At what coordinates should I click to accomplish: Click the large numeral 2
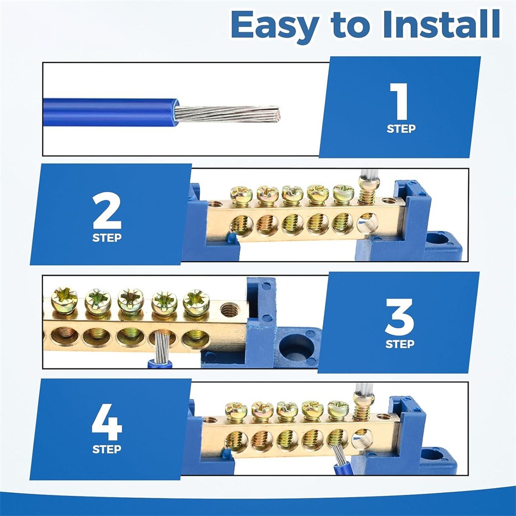coord(107,211)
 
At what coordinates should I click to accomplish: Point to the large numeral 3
coord(399,317)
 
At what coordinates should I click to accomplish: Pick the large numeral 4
coord(107,422)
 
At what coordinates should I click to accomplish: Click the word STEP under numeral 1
coord(401,128)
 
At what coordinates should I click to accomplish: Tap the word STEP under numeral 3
coord(400,344)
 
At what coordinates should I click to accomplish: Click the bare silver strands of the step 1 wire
coord(227,114)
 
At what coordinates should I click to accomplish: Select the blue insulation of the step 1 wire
coord(110,112)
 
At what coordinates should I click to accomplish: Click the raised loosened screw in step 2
coord(368,189)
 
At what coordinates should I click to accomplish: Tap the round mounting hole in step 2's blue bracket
coord(438,239)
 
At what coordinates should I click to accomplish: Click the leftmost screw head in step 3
coord(64,300)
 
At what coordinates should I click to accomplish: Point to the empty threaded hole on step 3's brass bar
coord(229,310)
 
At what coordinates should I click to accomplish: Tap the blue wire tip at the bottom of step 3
coord(159,364)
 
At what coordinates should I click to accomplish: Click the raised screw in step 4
coord(364,405)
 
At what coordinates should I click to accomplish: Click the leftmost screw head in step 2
coord(241,195)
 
